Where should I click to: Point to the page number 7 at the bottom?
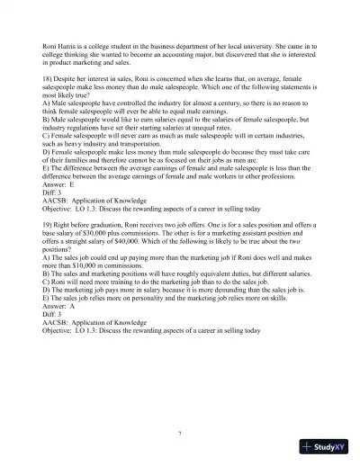tap(180, 433)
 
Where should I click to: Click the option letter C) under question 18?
tap(32, 135)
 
